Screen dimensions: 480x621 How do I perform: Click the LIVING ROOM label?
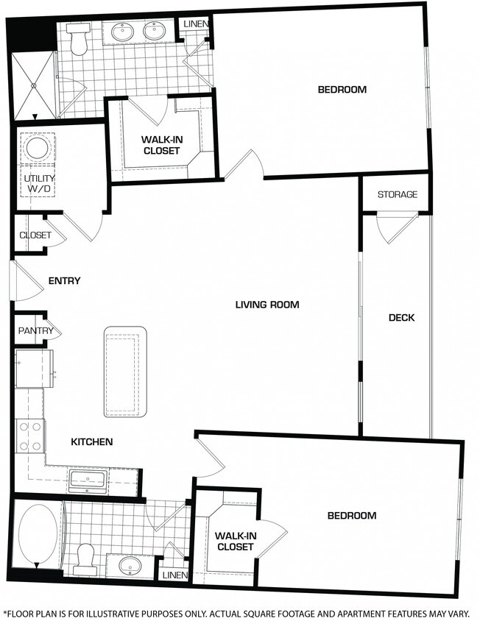click(x=267, y=305)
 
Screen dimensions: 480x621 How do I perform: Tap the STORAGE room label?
click(x=397, y=194)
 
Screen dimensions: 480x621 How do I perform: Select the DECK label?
click(x=401, y=317)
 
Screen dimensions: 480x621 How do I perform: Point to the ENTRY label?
click(x=64, y=281)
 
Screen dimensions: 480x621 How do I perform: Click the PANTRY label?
click(x=35, y=330)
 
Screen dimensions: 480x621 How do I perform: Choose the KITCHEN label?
click(x=91, y=441)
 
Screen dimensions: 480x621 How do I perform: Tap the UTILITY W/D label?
click(x=39, y=183)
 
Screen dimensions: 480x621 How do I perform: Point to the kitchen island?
click(x=125, y=372)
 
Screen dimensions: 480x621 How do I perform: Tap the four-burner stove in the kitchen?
click(x=30, y=436)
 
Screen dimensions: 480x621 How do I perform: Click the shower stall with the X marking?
click(x=33, y=85)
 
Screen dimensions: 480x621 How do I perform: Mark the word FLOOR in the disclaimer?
click(x=21, y=614)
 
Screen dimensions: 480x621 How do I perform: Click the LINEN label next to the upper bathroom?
click(x=196, y=24)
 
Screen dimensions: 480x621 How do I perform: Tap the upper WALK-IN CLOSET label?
click(x=162, y=145)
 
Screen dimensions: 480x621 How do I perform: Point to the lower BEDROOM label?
click(x=352, y=516)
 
